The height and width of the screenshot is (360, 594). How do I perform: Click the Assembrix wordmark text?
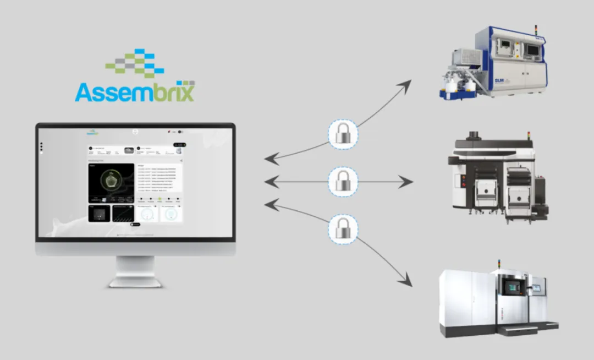click(135, 92)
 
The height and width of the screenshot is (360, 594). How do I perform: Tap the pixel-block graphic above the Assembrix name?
click(135, 63)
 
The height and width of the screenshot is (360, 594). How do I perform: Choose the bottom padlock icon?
click(343, 228)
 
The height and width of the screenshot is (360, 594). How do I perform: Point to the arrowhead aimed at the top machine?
click(405, 84)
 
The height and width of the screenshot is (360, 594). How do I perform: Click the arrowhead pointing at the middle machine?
click(407, 182)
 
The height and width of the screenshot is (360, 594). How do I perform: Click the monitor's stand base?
click(135, 282)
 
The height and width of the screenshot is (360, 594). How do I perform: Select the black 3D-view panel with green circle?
click(111, 182)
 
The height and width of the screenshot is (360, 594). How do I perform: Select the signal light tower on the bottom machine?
click(499, 264)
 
